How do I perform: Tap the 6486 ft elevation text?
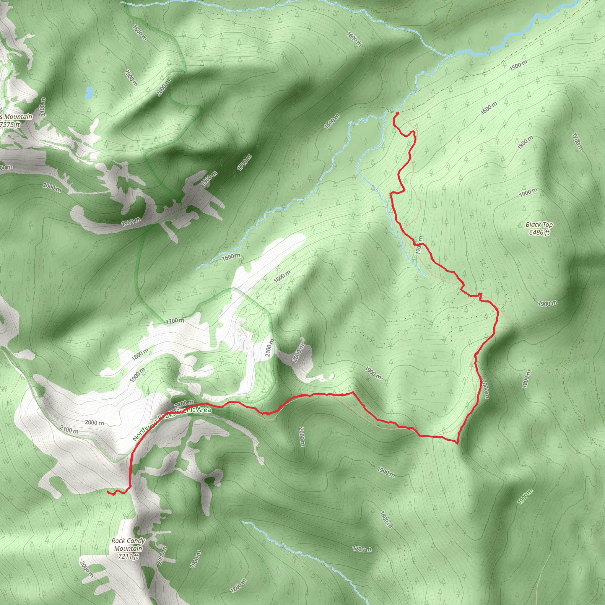click(x=539, y=232)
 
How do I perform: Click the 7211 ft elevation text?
click(x=129, y=557)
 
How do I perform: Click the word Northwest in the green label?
click(x=145, y=430)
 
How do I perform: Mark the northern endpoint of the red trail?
click(x=397, y=113)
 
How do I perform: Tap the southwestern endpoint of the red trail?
click(x=108, y=492)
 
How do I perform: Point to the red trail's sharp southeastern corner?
click(x=457, y=443)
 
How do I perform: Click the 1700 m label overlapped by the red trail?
click(x=419, y=245)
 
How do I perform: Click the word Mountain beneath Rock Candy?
click(x=128, y=549)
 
